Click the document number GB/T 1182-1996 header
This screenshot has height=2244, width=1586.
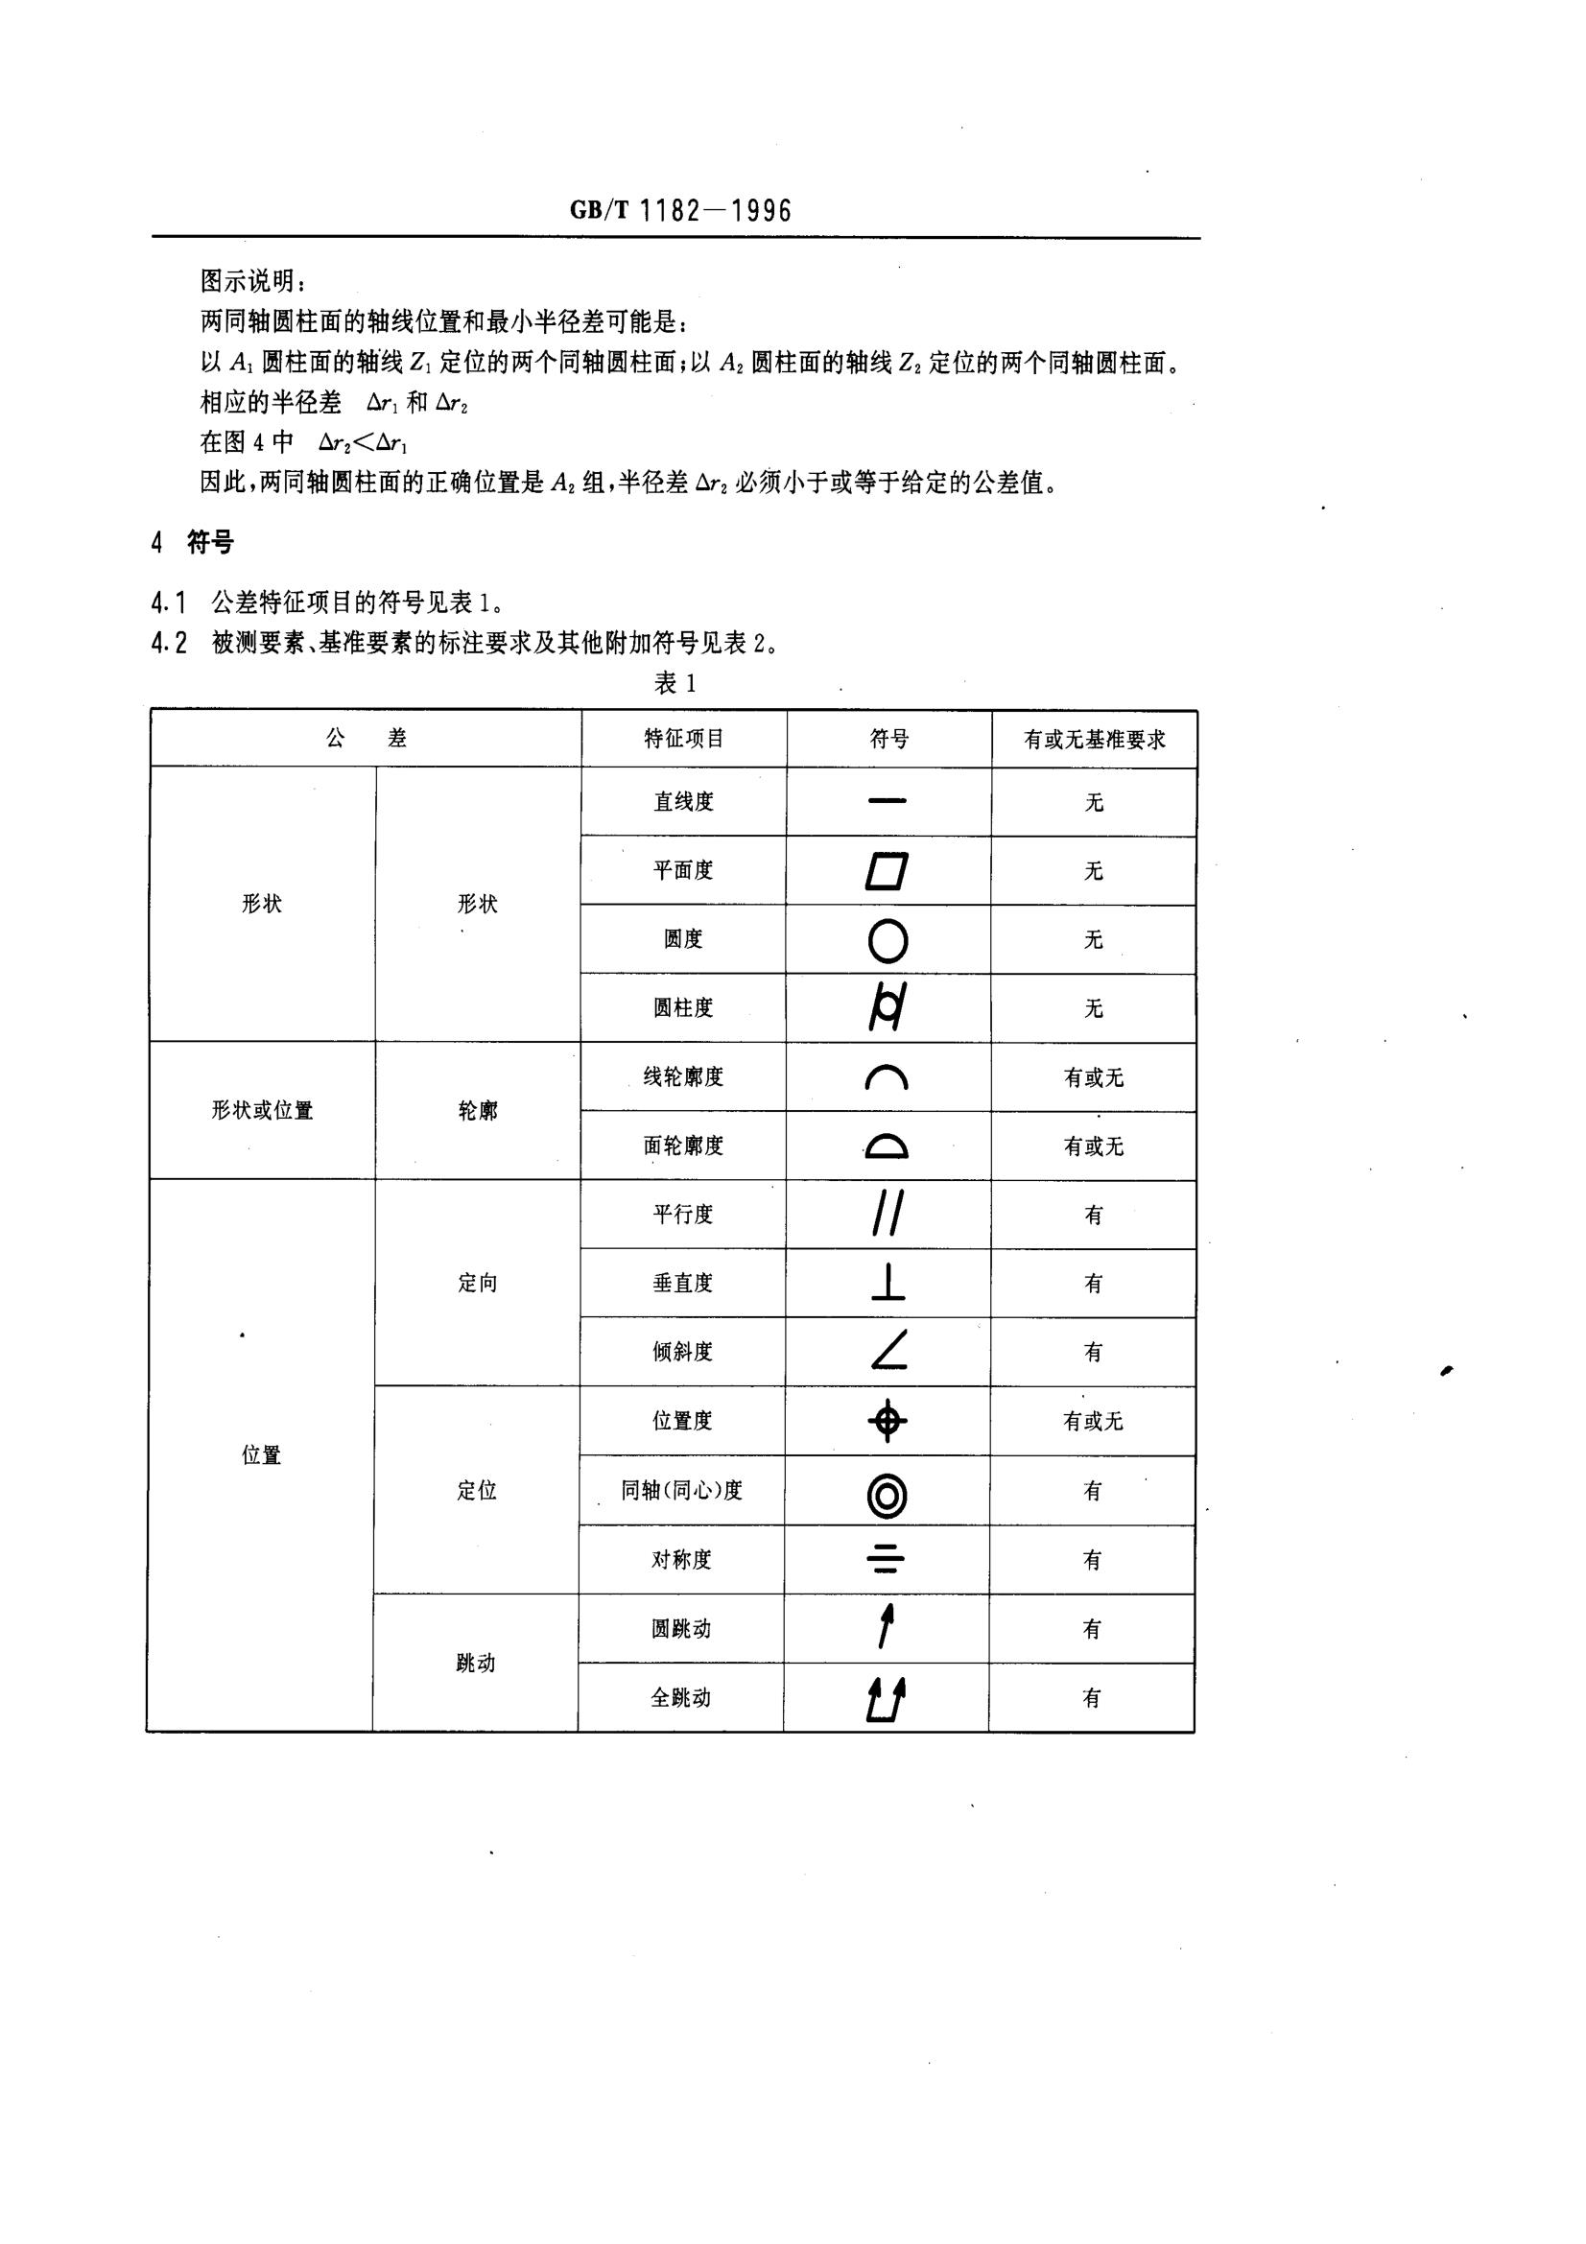tap(680, 210)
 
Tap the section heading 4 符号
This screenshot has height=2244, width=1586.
tap(193, 542)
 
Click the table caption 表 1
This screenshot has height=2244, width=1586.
tap(675, 683)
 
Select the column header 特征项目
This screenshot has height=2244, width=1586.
tap(684, 739)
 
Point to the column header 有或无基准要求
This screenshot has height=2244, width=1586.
tap(1095, 740)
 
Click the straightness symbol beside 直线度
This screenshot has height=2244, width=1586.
tap(888, 801)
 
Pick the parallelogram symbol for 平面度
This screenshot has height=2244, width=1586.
tap(888, 871)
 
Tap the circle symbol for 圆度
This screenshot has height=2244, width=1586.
tap(888, 940)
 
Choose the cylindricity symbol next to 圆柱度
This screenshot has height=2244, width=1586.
tap(888, 1007)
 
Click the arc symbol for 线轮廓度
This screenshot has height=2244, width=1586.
tap(888, 1077)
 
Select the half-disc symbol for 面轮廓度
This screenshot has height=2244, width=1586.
tap(888, 1146)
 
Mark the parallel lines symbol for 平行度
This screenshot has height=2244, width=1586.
tap(888, 1214)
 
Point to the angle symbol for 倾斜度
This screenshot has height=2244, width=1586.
tap(888, 1351)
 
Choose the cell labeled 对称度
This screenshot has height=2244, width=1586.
tap(681, 1560)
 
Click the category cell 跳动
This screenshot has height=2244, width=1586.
tap(476, 1664)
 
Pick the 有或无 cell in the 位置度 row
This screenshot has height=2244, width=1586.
tap(1093, 1421)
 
